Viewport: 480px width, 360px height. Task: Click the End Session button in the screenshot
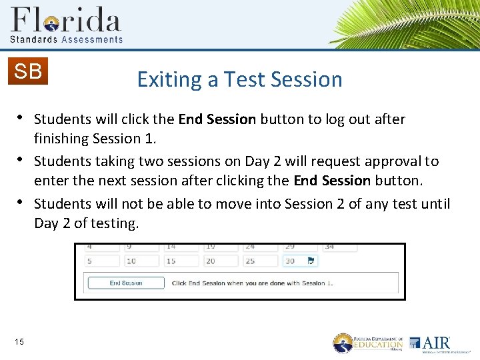(x=126, y=283)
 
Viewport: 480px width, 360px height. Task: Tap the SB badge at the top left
(x=28, y=71)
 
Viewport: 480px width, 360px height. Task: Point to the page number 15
(x=19, y=342)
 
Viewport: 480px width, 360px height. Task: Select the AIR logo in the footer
(x=430, y=343)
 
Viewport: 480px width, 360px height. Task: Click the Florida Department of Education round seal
(x=343, y=343)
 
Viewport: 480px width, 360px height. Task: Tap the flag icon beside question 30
(x=311, y=261)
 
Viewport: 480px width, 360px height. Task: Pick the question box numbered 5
(x=102, y=261)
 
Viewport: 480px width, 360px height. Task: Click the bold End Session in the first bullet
(x=217, y=119)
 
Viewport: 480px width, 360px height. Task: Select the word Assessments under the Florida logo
(x=92, y=39)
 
